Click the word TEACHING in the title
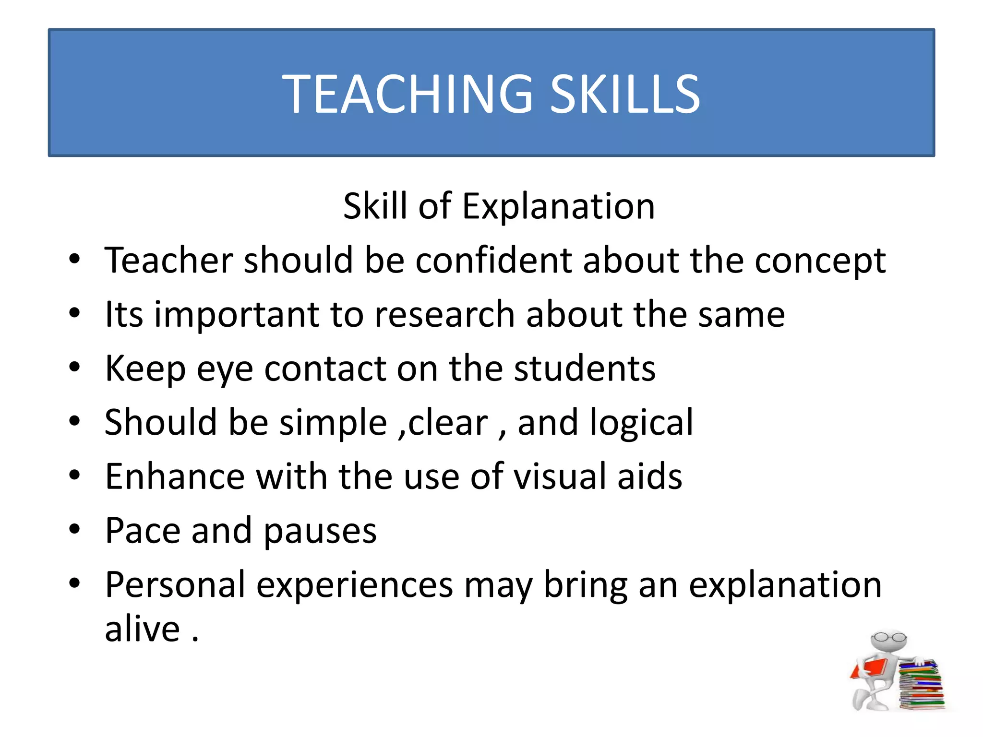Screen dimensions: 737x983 click(x=407, y=94)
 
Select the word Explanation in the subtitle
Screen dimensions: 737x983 click(x=558, y=207)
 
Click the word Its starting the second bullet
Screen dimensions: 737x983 click(x=124, y=315)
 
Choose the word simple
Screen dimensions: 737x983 click(x=333, y=423)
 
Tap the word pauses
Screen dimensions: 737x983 click(x=320, y=532)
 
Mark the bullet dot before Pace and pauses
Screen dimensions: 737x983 click(x=74, y=529)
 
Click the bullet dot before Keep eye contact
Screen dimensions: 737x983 click(x=74, y=368)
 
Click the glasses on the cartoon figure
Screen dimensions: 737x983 click(x=888, y=638)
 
